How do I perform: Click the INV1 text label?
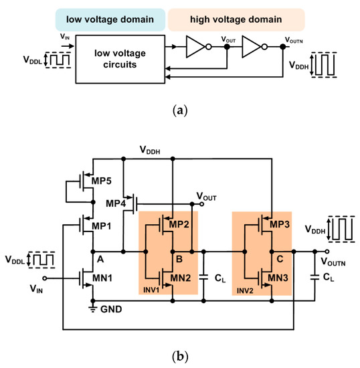click(151, 292)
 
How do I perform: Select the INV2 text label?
click(245, 292)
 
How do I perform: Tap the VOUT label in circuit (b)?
click(208, 195)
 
